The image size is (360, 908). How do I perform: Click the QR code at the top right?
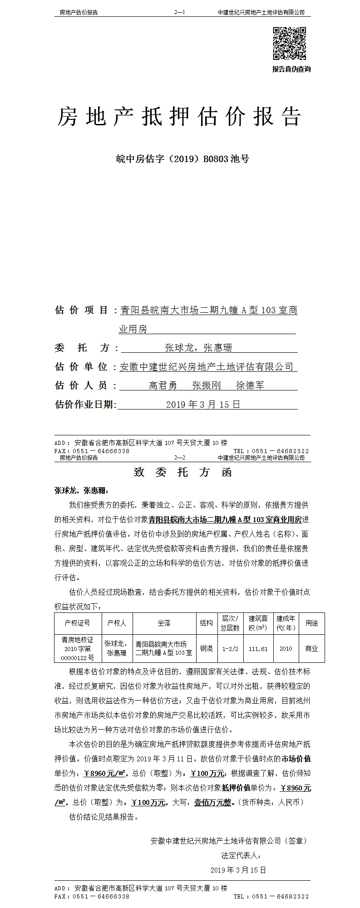[289, 44]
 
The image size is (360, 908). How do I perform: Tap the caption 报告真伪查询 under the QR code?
[291, 69]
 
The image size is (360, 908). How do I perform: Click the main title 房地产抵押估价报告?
[179, 117]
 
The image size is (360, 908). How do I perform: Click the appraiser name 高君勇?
[163, 386]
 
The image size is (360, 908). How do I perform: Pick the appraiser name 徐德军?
[250, 386]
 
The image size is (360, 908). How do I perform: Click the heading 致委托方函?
[183, 473]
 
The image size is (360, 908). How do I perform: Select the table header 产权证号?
[78, 623]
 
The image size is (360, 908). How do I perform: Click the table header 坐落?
[164, 623]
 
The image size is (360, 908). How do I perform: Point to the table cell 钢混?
[206, 649]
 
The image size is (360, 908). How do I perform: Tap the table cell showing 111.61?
[258, 649]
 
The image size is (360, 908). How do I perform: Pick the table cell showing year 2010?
[286, 649]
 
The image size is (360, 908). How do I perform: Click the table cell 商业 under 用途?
[311, 649]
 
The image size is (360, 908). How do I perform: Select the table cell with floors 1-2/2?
[230, 649]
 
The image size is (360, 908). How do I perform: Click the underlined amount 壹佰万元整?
[213, 802]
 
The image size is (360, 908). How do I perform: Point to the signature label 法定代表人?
[241, 855]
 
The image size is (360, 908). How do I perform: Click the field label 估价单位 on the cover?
[82, 367]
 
